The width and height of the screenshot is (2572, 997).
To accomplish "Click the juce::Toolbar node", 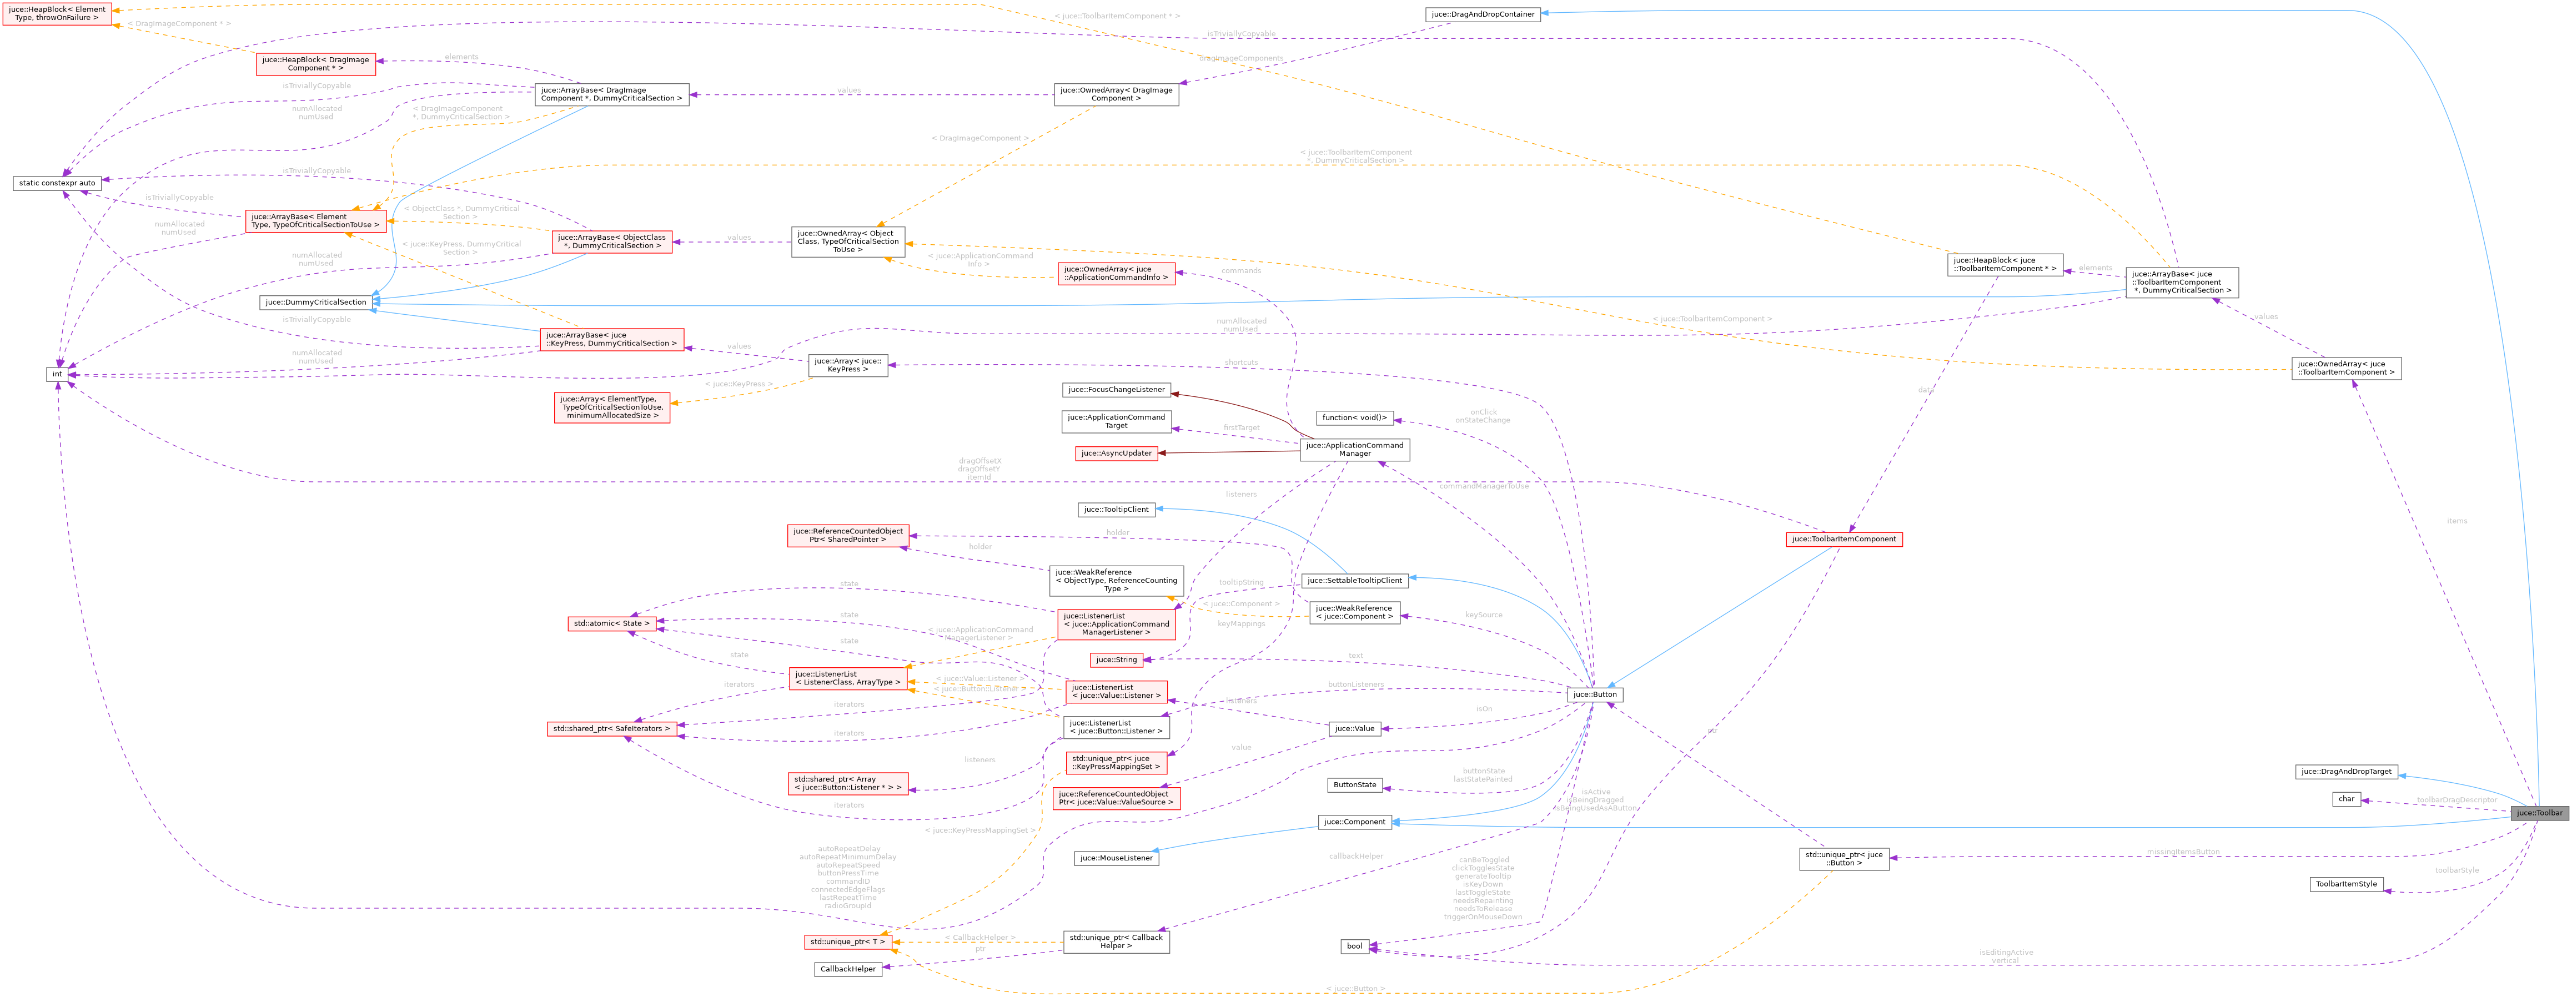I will click(x=2538, y=812).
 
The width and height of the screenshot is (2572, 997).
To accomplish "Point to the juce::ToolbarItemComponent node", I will click(x=1843, y=539).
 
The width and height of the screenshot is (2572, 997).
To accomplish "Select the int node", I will click(x=57, y=374).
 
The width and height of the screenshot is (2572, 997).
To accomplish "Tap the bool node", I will click(x=1354, y=946).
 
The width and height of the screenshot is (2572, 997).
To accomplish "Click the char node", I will click(x=2345, y=798).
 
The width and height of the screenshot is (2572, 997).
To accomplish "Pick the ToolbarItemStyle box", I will click(x=2345, y=884).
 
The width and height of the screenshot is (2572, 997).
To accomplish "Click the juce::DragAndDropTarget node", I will click(x=2344, y=772).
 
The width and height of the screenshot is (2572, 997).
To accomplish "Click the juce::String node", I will click(x=1116, y=659).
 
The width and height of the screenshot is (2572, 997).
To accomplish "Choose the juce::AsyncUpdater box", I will click(x=1116, y=453).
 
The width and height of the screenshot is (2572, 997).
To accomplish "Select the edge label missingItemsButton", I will click(x=2183, y=852).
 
